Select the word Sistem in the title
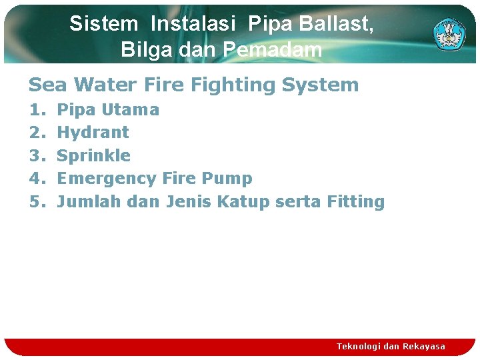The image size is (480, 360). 103,24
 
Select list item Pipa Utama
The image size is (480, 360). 108,109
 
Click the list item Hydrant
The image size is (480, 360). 93,132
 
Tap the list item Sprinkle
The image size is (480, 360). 94,155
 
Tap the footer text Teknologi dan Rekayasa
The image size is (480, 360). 391,346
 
